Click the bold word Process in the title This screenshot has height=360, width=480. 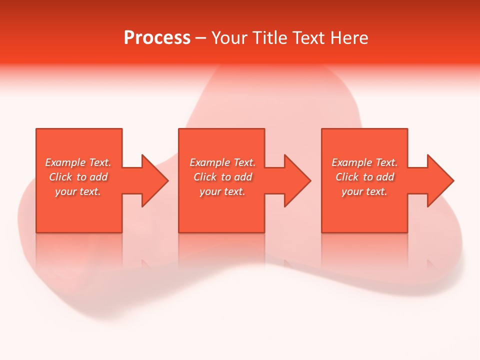coord(157,38)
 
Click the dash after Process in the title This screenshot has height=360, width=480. coord(201,38)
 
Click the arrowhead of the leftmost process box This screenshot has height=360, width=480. coord(155,180)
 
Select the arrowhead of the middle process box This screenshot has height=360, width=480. coord(297,180)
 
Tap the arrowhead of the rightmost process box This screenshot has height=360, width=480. coord(440,180)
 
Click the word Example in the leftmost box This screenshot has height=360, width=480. coord(65,162)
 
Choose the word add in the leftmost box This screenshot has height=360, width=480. coord(99,177)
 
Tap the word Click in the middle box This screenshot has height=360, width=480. coord(205,177)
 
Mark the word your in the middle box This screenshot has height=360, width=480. coord(210,191)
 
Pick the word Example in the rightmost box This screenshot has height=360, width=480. coord(352,162)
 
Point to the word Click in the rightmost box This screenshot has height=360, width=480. coord(347,177)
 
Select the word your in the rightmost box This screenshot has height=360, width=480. coord(352,191)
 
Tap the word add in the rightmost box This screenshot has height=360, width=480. coord(385,177)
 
